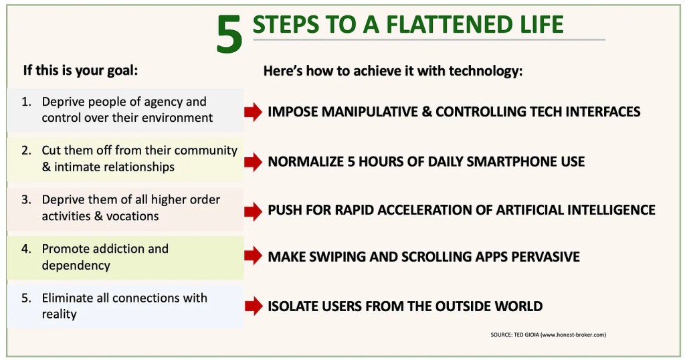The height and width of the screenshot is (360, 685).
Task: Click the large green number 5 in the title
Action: click(229, 34)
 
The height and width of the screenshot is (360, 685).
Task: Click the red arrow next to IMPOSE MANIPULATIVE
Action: click(254, 112)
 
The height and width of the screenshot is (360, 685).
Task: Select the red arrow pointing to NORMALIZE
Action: click(254, 162)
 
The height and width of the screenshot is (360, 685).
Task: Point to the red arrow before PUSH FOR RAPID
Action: click(254, 211)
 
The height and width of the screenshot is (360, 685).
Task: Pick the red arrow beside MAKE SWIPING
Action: click(254, 256)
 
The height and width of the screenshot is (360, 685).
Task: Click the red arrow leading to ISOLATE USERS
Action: click(254, 306)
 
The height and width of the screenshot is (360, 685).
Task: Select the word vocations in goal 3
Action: click(132, 216)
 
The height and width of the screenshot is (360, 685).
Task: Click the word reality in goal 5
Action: click(60, 314)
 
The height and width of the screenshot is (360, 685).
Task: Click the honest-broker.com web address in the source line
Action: click(573, 335)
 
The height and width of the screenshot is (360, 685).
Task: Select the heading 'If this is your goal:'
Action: click(80, 70)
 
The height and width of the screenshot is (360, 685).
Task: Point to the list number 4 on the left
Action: click(26, 249)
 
